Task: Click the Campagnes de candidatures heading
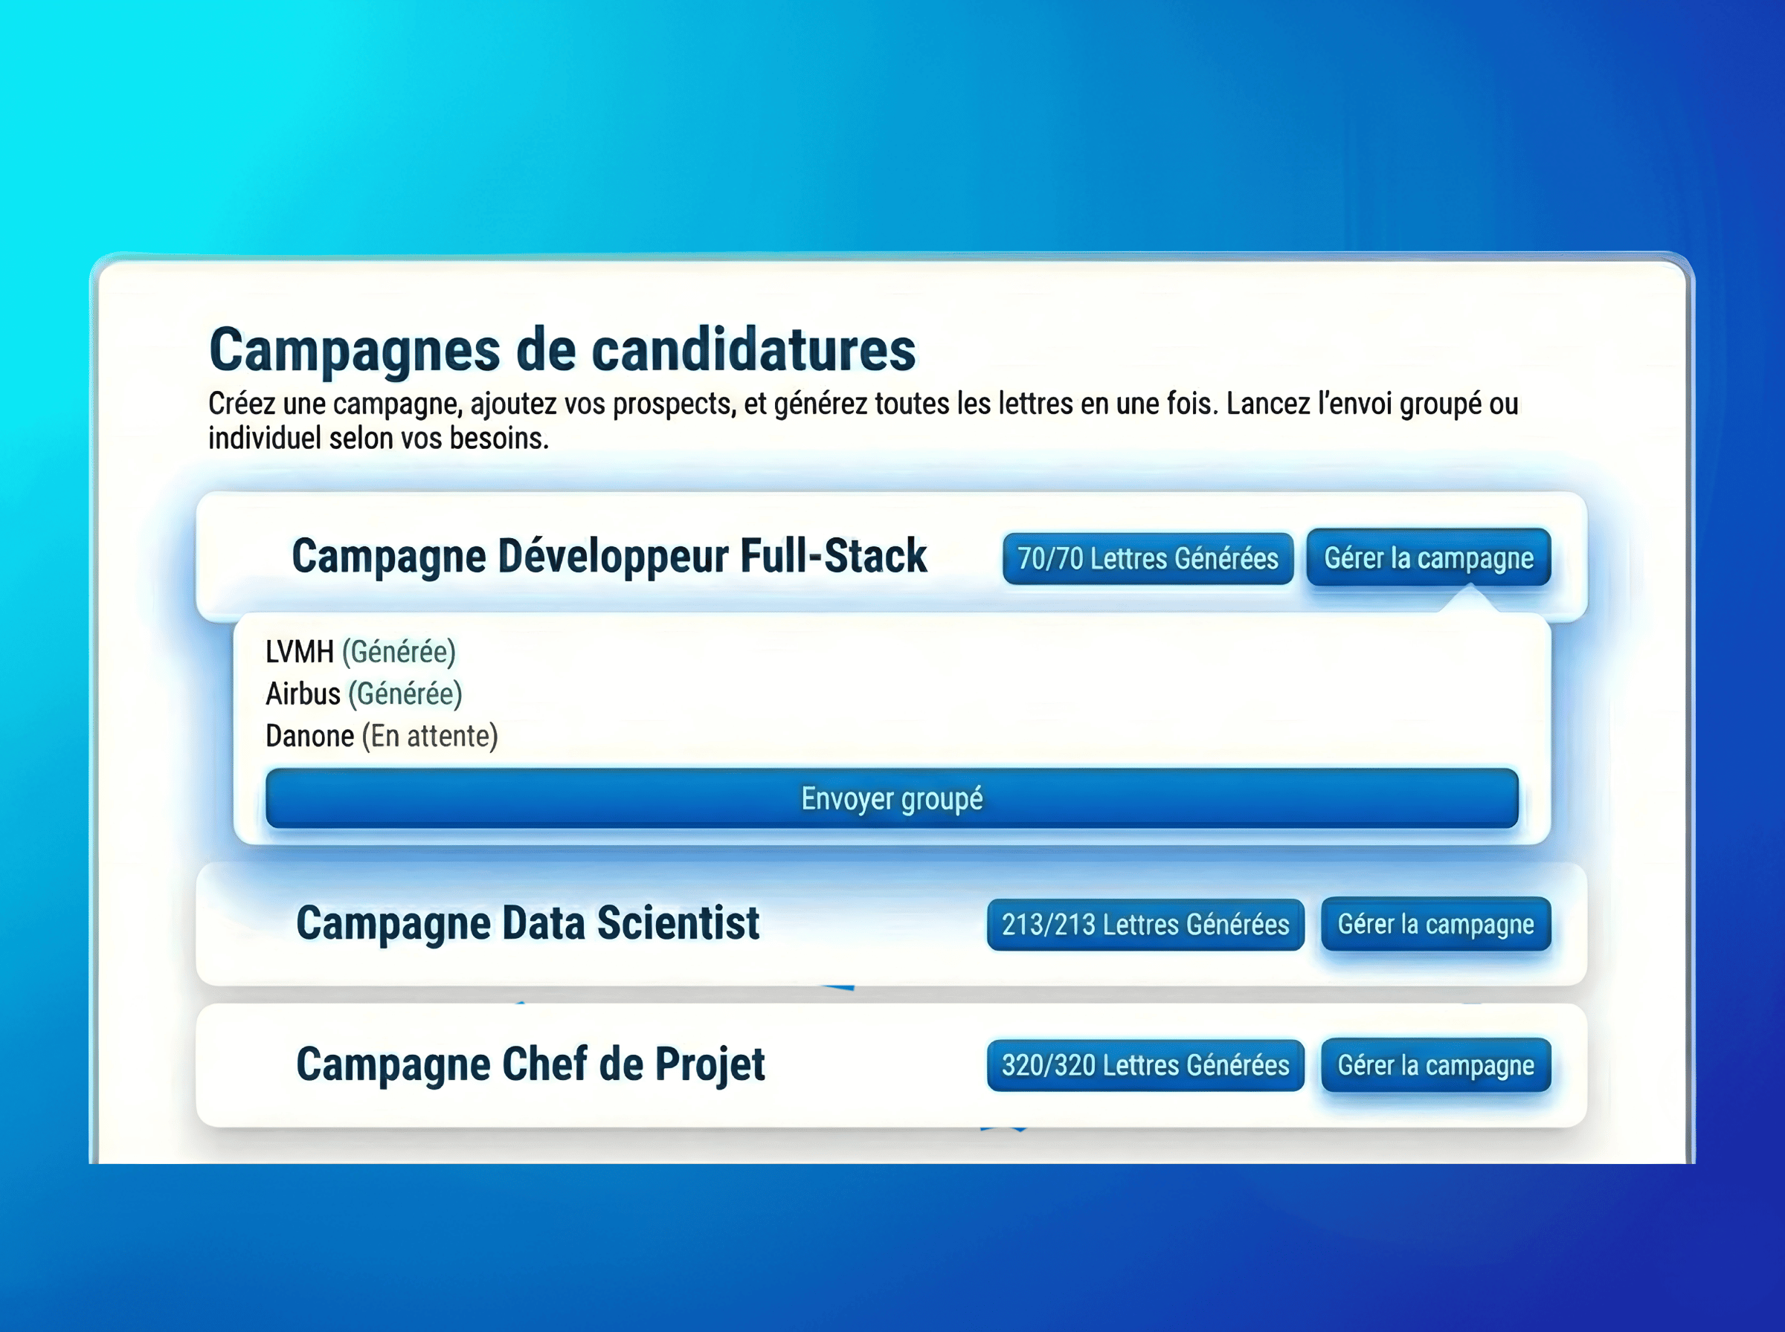tap(562, 351)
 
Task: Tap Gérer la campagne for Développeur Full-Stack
tap(1428, 557)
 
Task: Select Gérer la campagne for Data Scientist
tap(1435, 924)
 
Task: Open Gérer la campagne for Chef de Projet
tap(1435, 1065)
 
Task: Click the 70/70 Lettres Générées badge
tap(1147, 558)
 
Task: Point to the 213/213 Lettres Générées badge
tap(1145, 925)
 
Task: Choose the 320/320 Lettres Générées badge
tap(1145, 1065)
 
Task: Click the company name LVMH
tap(299, 651)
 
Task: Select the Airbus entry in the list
tap(303, 694)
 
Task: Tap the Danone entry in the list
tap(309, 736)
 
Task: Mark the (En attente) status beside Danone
tap(430, 736)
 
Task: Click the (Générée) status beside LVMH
tap(399, 651)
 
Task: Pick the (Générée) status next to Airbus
tap(405, 694)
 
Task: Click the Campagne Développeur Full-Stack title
tap(609, 556)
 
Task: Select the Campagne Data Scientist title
tap(527, 923)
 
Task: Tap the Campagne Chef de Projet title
tap(530, 1064)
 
